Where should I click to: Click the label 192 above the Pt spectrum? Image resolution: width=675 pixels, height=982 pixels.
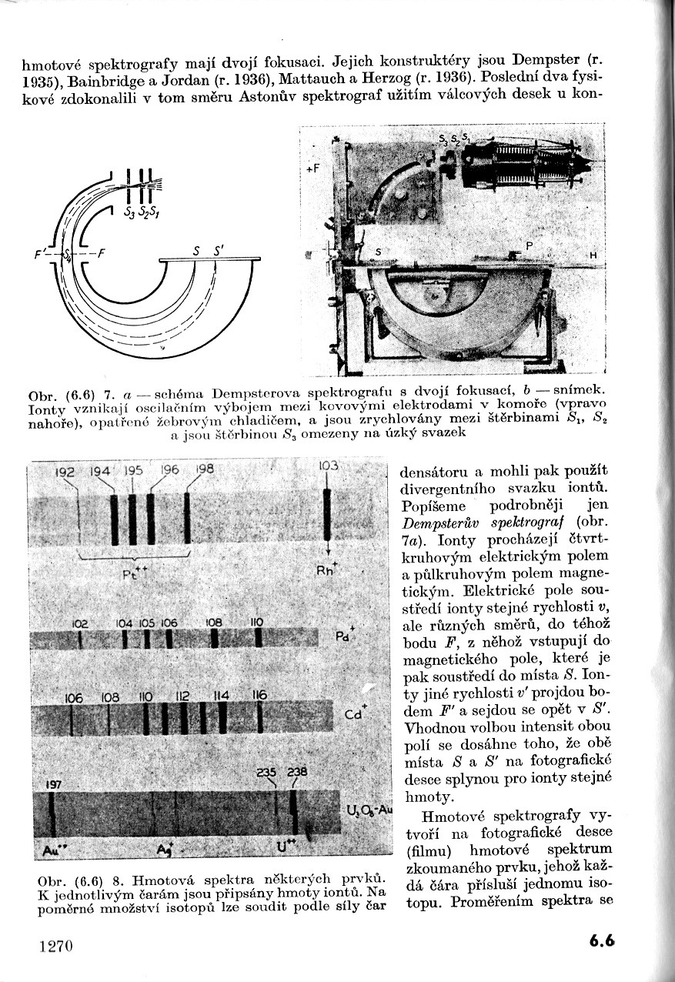point(65,473)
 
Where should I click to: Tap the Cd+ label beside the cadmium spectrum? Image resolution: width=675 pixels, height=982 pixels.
point(354,713)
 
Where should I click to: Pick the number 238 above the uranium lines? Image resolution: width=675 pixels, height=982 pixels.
point(297,772)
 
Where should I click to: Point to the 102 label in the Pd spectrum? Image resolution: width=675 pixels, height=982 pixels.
point(80,623)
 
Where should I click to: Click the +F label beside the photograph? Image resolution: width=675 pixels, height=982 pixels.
point(312,167)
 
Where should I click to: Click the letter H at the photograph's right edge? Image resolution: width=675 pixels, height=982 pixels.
point(593,255)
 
